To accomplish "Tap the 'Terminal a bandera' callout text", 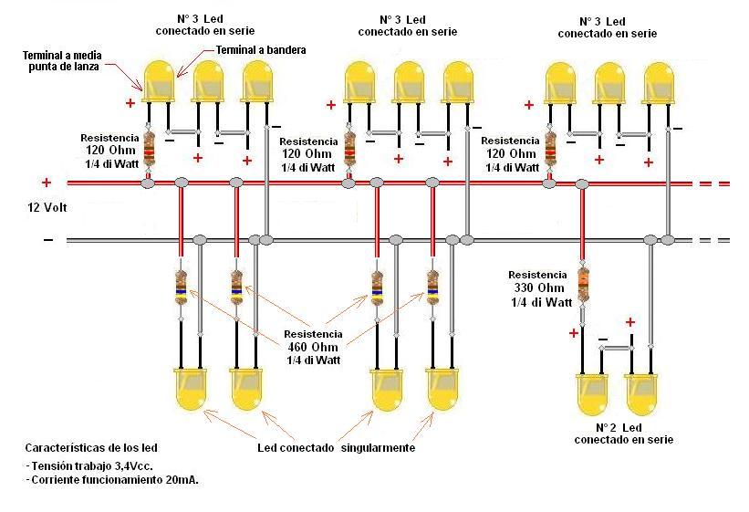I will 260,50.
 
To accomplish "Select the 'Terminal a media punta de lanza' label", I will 62,61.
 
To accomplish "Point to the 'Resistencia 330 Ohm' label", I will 539,287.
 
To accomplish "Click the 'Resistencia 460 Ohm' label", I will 313,347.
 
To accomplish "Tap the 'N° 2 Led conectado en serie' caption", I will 624,434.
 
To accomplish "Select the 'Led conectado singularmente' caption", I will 336,448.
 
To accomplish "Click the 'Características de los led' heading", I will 90,448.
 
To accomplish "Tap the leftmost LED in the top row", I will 159,81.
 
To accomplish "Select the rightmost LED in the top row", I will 659,81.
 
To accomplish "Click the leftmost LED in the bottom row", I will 190,389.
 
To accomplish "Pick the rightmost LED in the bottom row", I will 641,393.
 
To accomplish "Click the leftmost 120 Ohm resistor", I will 149,149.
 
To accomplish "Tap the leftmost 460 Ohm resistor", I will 182,288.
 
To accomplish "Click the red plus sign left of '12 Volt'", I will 47,183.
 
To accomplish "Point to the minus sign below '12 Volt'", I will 47,240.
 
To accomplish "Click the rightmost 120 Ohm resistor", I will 550,149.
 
